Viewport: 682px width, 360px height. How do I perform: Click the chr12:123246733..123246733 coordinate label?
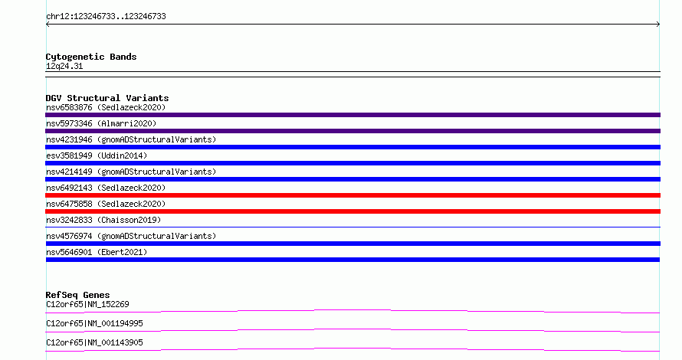tap(106, 17)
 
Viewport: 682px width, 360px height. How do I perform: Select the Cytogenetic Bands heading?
tap(91, 57)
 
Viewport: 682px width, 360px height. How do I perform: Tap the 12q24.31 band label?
tap(64, 66)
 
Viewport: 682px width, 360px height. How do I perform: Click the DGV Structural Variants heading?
tap(107, 98)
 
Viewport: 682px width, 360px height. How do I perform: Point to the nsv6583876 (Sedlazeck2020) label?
tap(106, 107)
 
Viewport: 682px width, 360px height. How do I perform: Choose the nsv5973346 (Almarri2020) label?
tap(101, 123)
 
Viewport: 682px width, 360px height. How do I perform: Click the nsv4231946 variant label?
tap(131, 139)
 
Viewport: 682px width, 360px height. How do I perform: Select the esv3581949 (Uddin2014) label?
tap(97, 155)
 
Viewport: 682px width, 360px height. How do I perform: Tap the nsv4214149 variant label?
tap(131, 172)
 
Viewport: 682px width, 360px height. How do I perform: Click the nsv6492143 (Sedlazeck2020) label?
tap(106, 188)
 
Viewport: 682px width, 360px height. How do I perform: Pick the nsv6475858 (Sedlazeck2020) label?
tap(106, 204)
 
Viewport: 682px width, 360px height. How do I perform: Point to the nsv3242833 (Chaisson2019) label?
tap(103, 220)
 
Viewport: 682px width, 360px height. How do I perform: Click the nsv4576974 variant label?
tap(131, 236)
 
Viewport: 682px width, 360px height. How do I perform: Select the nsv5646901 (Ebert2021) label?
tap(97, 252)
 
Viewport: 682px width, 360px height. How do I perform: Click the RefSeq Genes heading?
tap(77, 295)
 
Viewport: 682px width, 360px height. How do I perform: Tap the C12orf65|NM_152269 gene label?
tap(87, 304)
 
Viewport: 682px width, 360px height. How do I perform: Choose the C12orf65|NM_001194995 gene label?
tap(94, 323)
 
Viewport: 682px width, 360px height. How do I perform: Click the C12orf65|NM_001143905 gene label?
tap(94, 342)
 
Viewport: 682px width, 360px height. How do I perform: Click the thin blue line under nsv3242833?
tap(352, 227)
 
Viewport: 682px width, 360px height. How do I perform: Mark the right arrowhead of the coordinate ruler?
tap(659, 25)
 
